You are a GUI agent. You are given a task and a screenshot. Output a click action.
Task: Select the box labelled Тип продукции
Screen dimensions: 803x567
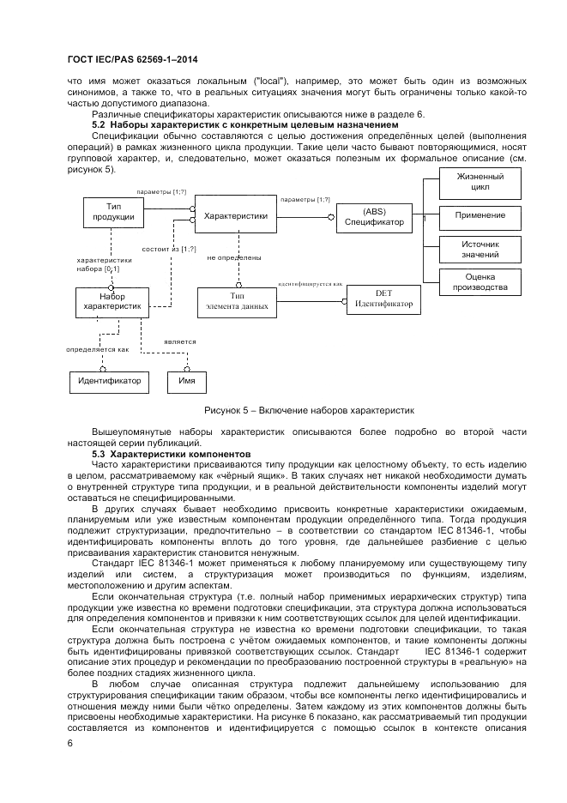coord(113,212)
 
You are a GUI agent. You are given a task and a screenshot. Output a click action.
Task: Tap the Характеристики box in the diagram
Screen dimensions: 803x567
coord(235,217)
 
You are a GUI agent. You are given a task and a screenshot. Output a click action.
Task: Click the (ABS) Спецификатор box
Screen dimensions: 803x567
coord(374,217)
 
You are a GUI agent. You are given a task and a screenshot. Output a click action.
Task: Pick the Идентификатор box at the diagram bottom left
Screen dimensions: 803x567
coord(110,380)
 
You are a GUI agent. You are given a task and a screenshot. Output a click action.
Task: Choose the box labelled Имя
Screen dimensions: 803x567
coord(186,380)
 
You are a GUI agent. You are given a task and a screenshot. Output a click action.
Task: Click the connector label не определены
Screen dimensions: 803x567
coord(234,257)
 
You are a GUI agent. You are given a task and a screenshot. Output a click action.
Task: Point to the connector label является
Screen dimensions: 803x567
coord(180,341)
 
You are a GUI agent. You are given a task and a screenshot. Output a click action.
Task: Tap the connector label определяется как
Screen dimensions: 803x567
coord(98,350)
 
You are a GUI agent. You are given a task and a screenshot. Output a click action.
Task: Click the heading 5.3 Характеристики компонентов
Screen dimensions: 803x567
coord(171,452)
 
